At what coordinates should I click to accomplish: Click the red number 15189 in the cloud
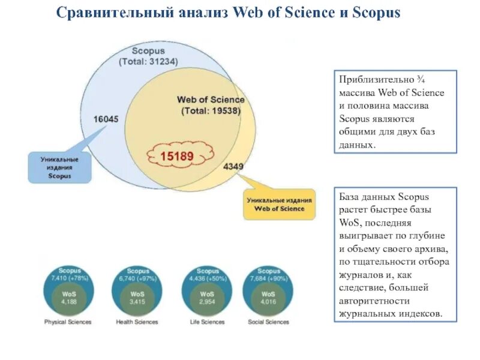coord(176,156)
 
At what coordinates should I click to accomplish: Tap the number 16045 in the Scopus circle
coord(106,119)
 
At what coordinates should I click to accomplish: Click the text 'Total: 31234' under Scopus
coord(148,61)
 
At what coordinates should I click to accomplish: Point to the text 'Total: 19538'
coord(211,110)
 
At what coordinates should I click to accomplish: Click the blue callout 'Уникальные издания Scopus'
coord(59,167)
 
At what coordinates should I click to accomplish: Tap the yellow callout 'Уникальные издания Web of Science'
coord(279,204)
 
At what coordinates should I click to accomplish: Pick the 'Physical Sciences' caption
coord(68,322)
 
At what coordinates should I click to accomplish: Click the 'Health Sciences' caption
coord(138,322)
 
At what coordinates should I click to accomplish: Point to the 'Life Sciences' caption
coord(208,322)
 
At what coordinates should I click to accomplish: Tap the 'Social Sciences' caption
coord(268,322)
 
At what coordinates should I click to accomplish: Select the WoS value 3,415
coord(138,302)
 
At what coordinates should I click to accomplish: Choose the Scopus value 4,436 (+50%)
coord(208,278)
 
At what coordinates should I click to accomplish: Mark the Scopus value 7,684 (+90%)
coord(269,278)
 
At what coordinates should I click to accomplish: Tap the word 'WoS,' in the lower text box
coord(349,222)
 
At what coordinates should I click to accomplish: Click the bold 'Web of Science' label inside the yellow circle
coord(211,100)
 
